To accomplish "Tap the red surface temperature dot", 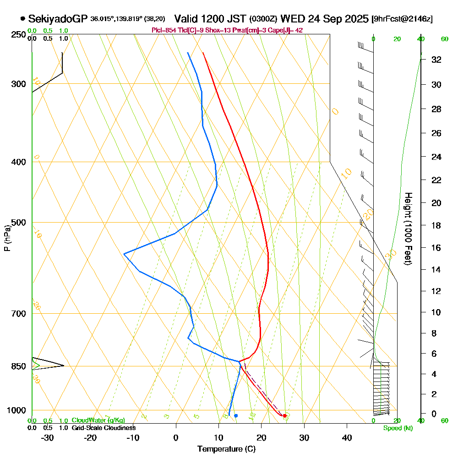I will click(285, 415).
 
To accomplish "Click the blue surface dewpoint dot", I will click(236, 415).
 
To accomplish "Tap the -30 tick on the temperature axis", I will click(47, 437).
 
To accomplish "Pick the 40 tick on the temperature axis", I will click(347, 437).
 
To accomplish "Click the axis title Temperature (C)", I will click(226, 449).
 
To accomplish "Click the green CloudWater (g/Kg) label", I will click(98, 420).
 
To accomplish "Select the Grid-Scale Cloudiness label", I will click(103, 428).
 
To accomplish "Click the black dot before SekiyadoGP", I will click(22, 19).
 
